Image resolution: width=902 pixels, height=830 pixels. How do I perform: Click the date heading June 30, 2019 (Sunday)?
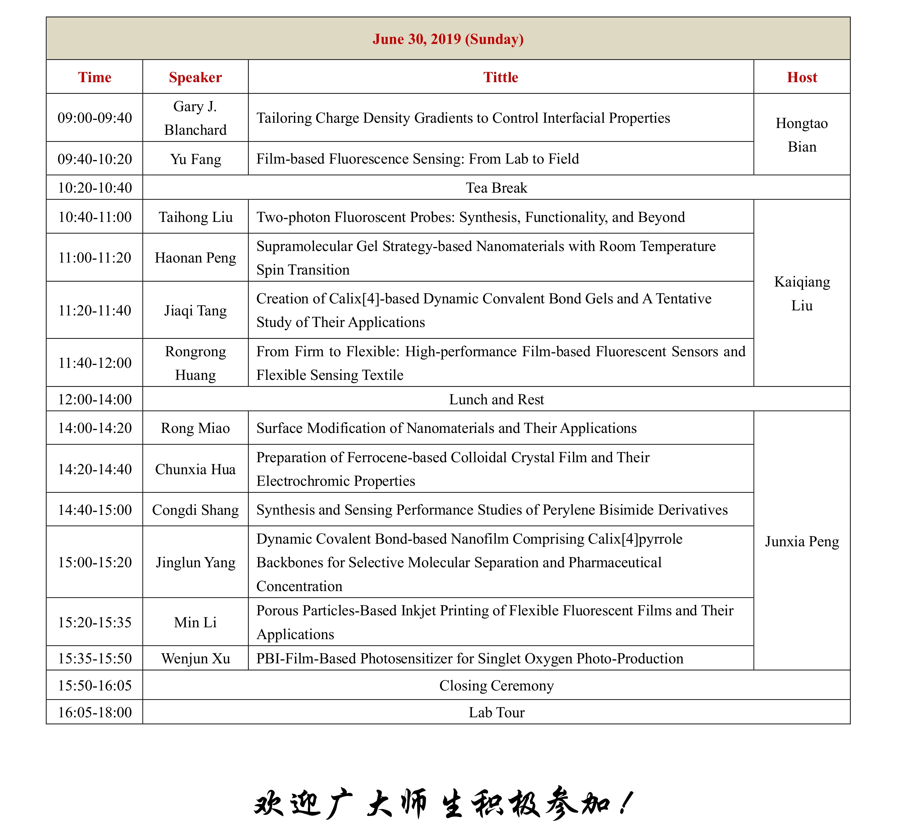pos(448,39)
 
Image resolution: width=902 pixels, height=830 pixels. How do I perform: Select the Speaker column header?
pos(195,77)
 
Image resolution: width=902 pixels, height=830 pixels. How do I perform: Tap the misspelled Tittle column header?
pos(500,77)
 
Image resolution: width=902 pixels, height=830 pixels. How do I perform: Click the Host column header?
pos(802,77)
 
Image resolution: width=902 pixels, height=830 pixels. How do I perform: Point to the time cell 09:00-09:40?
pos(95,118)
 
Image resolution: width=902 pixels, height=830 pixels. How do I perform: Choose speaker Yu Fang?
pos(195,159)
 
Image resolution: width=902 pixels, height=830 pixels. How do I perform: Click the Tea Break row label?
pos(496,188)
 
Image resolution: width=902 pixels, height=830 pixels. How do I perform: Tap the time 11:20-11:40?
pos(95,310)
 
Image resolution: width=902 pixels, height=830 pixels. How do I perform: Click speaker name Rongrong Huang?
pos(195,363)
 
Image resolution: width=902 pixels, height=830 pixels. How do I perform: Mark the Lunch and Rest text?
pos(496,399)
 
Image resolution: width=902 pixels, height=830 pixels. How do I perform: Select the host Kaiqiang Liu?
pos(802,293)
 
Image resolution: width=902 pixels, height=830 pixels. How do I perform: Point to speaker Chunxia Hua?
pos(195,469)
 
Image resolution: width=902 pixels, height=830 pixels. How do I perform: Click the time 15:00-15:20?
pos(95,562)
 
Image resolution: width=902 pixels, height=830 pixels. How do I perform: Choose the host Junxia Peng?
pos(802,542)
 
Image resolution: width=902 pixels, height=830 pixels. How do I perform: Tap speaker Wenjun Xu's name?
pos(195,659)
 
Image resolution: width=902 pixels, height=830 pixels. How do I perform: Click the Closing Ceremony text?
pos(496,685)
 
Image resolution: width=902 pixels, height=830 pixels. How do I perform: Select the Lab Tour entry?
pos(496,712)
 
